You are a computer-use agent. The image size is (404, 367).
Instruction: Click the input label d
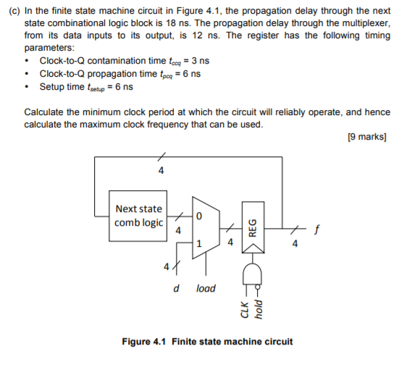pos(176,288)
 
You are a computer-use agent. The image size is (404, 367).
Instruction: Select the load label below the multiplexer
pos(206,288)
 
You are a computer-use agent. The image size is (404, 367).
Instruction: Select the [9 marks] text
pos(367,137)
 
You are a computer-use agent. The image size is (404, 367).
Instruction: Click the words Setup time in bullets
pos(61,87)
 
